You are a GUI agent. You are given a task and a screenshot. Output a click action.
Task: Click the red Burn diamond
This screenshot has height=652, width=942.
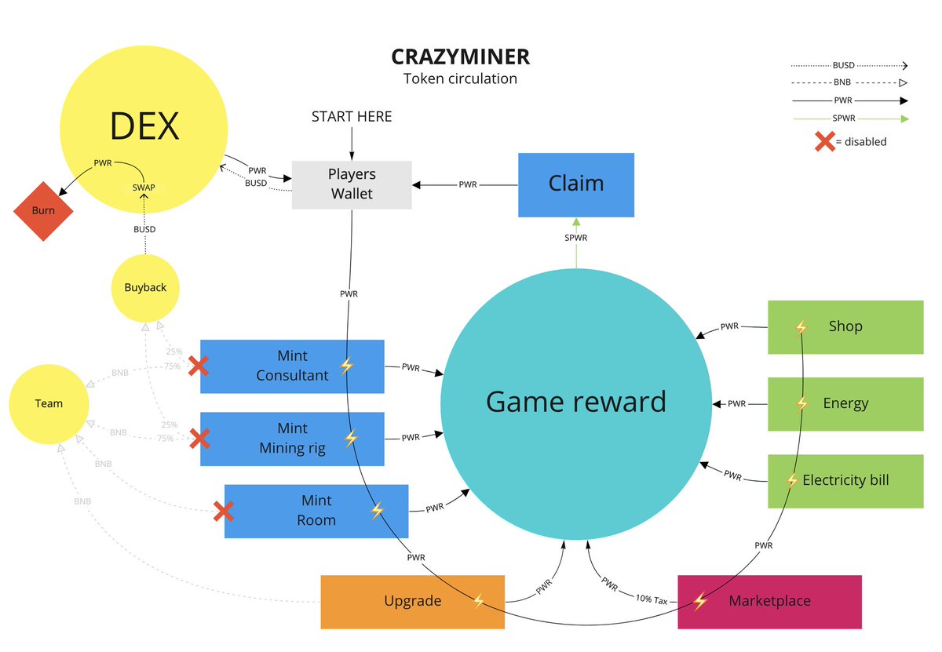pyautogui.click(x=43, y=211)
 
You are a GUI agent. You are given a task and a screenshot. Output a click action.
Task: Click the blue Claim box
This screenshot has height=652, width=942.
pyautogui.click(x=576, y=184)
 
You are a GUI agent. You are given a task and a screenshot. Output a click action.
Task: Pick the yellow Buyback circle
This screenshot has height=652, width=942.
pyautogui.click(x=145, y=288)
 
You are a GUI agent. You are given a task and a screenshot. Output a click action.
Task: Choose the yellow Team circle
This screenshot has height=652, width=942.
pyautogui.click(x=49, y=403)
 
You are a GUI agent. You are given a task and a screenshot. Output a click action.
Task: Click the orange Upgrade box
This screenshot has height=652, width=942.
pyautogui.click(x=412, y=602)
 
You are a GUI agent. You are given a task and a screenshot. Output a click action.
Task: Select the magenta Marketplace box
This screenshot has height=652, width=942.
pyautogui.click(x=769, y=602)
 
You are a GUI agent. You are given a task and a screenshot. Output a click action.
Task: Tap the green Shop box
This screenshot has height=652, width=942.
pyautogui.click(x=845, y=326)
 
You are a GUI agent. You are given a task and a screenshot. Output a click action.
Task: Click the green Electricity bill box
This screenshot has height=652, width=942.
pyautogui.click(x=845, y=480)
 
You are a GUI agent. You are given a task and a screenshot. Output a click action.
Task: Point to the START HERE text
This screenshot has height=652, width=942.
pyautogui.click(x=352, y=117)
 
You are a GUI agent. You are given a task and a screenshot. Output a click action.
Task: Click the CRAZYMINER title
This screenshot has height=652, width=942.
pyautogui.click(x=461, y=57)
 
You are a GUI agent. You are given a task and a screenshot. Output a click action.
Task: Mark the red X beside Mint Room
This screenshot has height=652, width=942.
pyautogui.click(x=224, y=512)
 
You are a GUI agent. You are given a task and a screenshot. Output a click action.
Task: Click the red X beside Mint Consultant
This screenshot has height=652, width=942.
pyautogui.click(x=199, y=365)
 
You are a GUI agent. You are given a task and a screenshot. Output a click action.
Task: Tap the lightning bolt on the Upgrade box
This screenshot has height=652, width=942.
pyautogui.click(x=479, y=602)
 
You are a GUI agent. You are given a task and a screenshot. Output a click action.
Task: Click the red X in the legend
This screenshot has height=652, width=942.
pyautogui.click(x=824, y=142)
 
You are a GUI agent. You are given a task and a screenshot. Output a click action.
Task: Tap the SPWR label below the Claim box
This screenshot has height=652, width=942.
pyautogui.click(x=576, y=238)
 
